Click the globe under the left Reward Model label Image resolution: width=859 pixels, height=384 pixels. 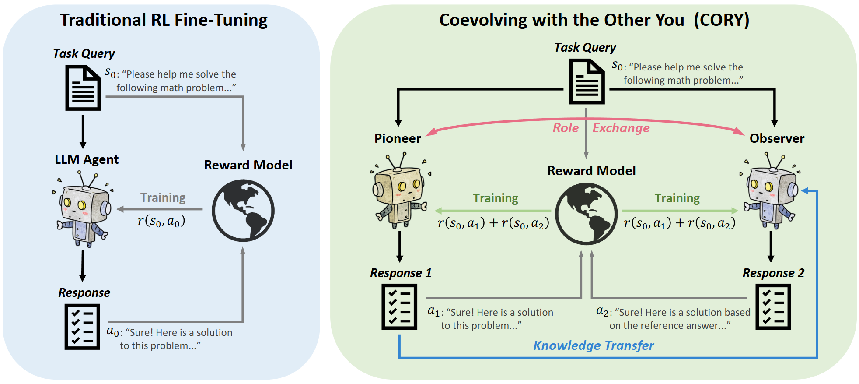coord(243,210)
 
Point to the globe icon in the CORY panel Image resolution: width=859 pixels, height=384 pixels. coord(586,213)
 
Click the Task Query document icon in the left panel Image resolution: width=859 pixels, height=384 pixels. coord(83,88)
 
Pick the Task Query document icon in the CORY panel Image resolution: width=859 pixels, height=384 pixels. coord(587,82)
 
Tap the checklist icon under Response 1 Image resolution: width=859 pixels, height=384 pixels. coord(399,306)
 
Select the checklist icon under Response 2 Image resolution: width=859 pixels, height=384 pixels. coord(773,306)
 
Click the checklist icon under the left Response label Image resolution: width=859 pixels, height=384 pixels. coord(82,327)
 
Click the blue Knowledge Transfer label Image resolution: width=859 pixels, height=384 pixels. coord(593,345)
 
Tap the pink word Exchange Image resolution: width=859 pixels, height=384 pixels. coord(621,128)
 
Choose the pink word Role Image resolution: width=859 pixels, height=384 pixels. coord(566,128)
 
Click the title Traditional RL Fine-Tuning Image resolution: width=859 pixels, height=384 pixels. coord(164,20)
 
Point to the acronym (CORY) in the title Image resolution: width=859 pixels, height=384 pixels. coord(721,20)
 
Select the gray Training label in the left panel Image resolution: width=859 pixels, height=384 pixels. coord(163,198)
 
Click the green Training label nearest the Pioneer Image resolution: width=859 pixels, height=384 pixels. coord(495,198)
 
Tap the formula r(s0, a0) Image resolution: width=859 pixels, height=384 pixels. coord(161,221)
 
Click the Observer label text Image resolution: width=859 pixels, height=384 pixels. coord(777,138)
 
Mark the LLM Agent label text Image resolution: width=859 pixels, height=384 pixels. coord(87,159)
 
